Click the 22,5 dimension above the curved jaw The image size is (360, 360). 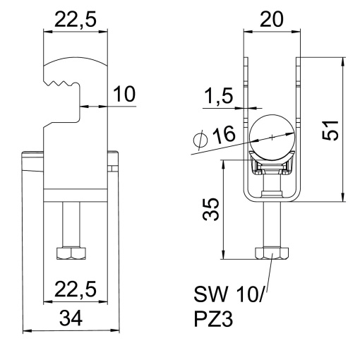click(76, 20)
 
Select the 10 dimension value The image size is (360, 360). click(124, 94)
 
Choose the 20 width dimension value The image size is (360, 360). click(270, 20)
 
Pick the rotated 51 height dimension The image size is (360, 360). click(328, 130)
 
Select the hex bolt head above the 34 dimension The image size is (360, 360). click(71, 252)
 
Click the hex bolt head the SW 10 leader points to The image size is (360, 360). click(270, 252)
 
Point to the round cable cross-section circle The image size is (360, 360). click(270, 133)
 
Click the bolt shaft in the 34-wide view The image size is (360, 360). click(71, 222)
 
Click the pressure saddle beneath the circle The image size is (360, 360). click(270, 167)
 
